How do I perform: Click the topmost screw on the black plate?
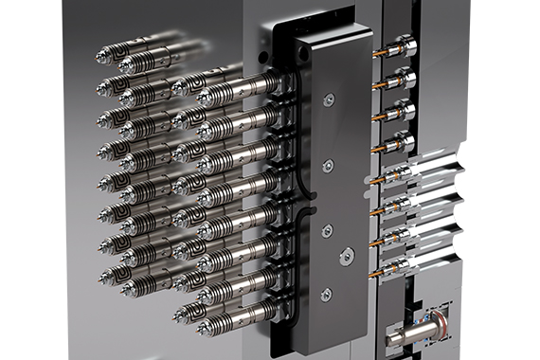tap(327, 99)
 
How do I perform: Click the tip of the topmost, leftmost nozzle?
tap(100, 56)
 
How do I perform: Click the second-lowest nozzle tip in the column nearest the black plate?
tap(202, 297)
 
